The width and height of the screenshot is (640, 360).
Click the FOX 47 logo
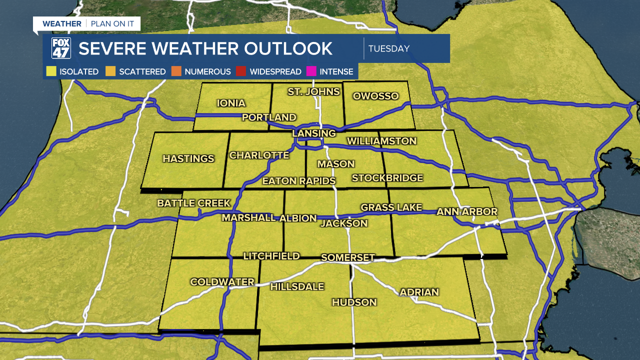(x=61, y=48)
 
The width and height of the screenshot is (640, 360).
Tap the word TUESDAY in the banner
(x=389, y=48)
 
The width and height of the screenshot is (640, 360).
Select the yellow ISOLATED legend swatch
(x=51, y=71)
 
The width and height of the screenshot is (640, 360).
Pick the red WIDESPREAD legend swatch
(x=241, y=71)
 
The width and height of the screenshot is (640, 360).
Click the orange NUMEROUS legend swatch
(x=176, y=71)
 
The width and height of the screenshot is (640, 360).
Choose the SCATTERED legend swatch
(x=110, y=71)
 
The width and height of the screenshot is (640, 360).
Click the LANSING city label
(x=314, y=133)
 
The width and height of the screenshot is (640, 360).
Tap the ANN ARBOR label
(x=467, y=211)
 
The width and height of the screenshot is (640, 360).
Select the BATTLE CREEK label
(x=194, y=203)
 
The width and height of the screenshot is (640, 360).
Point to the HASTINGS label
(x=188, y=158)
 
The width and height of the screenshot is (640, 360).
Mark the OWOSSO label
(x=375, y=96)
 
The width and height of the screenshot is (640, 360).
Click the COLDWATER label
(x=222, y=282)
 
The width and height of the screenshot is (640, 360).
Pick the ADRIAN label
(x=419, y=292)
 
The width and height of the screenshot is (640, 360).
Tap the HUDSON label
(x=354, y=302)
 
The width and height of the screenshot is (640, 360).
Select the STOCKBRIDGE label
(x=387, y=177)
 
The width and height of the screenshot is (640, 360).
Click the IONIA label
(x=231, y=103)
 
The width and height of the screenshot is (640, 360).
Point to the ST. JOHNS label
(x=314, y=91)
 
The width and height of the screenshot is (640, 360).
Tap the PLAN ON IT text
(x=112, y=23)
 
